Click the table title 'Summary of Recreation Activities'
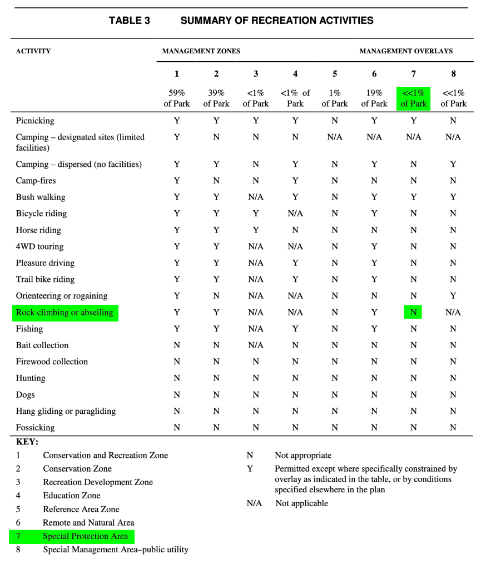pos(276,21)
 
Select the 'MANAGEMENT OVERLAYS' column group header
pos(406,51)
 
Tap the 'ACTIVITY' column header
pos(33,51)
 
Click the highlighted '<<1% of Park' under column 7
pos(414,98)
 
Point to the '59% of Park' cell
pos(177,98)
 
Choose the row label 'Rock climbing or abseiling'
pos(65,313)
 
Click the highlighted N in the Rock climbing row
pos(414,313)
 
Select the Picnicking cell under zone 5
pos(335,121)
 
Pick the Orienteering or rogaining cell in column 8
pos(453,296)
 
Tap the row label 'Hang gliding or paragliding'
pos(66,412)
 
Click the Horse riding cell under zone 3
pos(256,230)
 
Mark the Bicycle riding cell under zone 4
pos(295,214)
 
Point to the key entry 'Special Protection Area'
pos(86,537)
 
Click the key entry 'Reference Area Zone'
pos(81,509)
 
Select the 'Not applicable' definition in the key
pos(301,503)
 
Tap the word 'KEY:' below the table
pos(27,442)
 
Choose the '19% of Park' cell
pos(374,98)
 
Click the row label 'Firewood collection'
pos(52,362)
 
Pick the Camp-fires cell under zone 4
pos(295,181)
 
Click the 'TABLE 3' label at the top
pos(130,21)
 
